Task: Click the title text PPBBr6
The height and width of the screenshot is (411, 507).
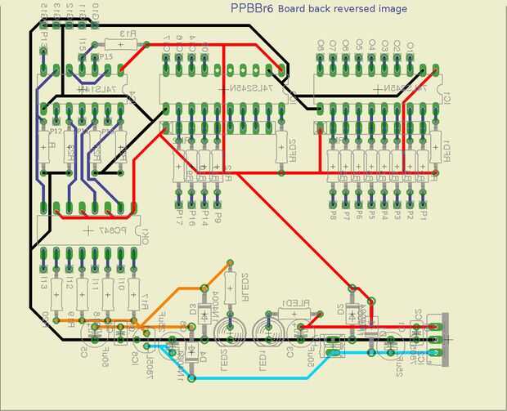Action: pos(252,8)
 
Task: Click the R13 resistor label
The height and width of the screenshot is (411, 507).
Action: pos(127,34)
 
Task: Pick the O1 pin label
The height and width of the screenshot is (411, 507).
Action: pos(410,44)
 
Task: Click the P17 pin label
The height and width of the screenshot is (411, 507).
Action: pos(179,217)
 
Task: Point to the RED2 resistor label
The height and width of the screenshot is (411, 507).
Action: pos(292,150)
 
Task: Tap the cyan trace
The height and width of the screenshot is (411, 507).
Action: pos(245,378)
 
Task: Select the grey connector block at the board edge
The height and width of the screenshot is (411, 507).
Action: pos(444,337)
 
